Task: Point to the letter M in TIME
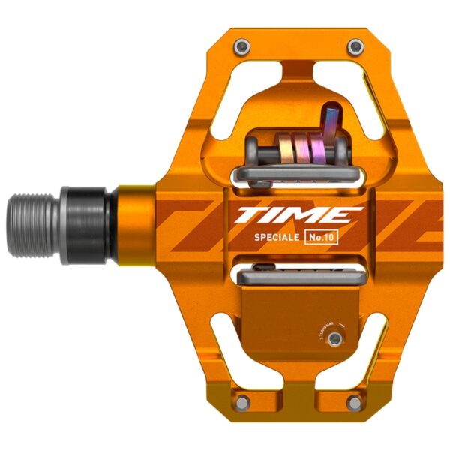(x=307, y=216)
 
